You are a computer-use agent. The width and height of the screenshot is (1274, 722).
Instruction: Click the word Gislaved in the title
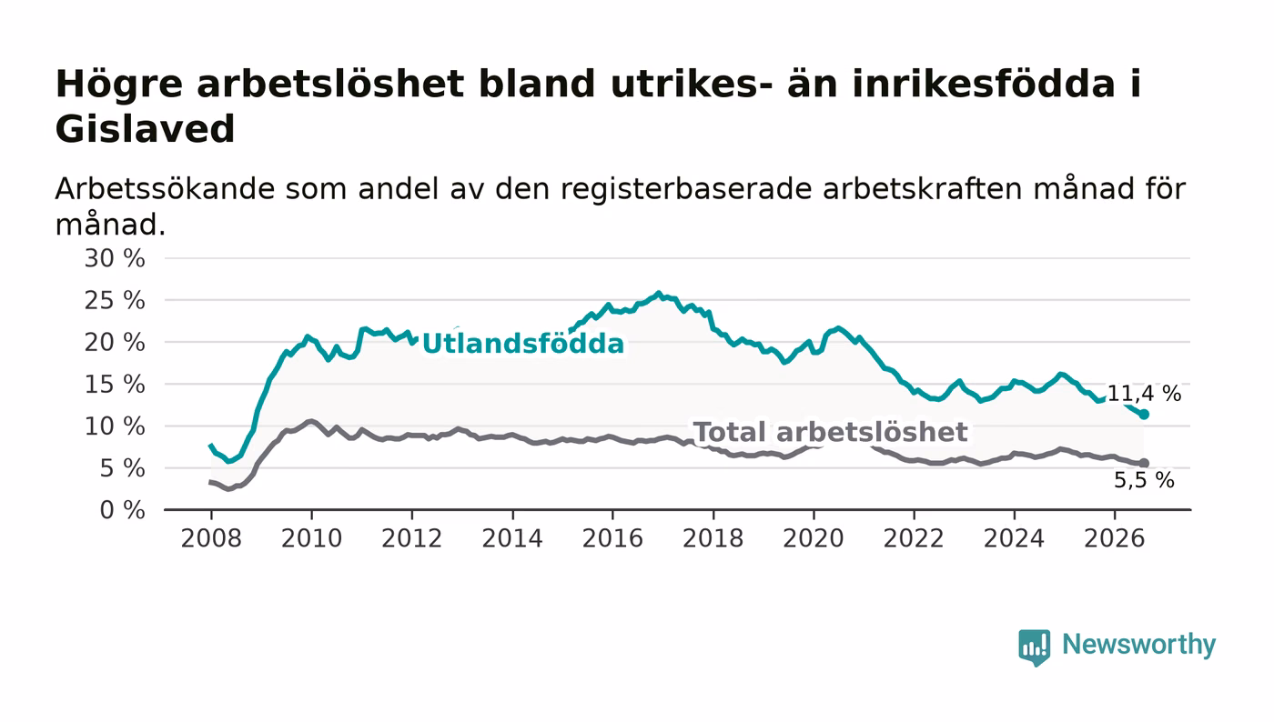coord(145,129)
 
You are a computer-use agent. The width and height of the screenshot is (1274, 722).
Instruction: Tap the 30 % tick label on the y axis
coord(115,258)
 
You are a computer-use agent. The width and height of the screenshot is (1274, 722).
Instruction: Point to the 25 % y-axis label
coord(115,301)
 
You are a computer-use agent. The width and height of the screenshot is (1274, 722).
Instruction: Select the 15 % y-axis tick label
coord(115,385)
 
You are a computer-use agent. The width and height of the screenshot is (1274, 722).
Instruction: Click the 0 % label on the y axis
coord(122,510)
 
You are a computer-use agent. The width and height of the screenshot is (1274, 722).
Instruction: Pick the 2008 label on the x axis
coord(211,538)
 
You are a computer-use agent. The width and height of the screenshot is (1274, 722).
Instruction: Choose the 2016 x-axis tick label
coord(612,538)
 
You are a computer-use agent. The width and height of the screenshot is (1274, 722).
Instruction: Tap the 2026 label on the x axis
coord(1114,538)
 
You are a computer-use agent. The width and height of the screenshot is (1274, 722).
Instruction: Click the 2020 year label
coord(814,538)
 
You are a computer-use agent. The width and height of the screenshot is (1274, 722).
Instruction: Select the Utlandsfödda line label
coord(523,344)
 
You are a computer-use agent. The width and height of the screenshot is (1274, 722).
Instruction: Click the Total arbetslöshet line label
coord(831,432)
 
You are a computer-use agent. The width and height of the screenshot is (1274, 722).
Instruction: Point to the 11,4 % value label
coord(1144,394)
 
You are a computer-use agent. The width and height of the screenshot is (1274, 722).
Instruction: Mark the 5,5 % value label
coord(1144,480)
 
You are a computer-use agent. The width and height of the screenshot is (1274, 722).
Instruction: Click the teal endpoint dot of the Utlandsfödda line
coord(1144,415)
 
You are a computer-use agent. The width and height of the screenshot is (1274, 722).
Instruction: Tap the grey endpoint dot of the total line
coord(1144,464)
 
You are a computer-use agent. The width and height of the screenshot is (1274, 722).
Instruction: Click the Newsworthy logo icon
coord(1034,647)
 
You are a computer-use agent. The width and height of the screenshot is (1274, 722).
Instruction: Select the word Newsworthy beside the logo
coord(1138,645)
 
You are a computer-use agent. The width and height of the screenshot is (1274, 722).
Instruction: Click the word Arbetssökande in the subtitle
coord(165,189)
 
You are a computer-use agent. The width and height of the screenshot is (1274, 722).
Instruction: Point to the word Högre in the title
coord(119,85)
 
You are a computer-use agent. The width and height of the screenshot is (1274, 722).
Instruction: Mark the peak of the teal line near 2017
coord(659,293)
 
